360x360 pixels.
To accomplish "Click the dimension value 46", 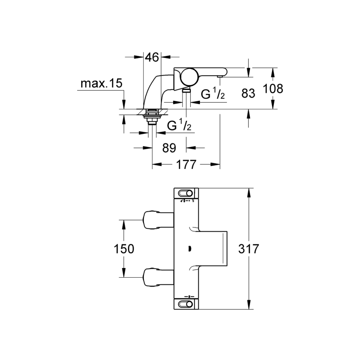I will (x=152, y=57).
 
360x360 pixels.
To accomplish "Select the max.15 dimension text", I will (x=101, y=84).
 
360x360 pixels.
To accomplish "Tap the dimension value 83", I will (x=248, y=94).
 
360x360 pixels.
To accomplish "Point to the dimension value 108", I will (x=273, y=88).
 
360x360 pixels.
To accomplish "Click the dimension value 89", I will (x=169, y=148).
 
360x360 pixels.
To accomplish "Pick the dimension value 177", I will (x=186, y=164).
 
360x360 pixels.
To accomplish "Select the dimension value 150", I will (x=124, y=249).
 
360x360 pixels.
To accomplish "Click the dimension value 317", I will (x=249, y=249).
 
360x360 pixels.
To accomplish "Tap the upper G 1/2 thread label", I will (x=213, y=94).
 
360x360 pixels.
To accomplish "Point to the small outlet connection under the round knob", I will (x=186, y=91).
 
